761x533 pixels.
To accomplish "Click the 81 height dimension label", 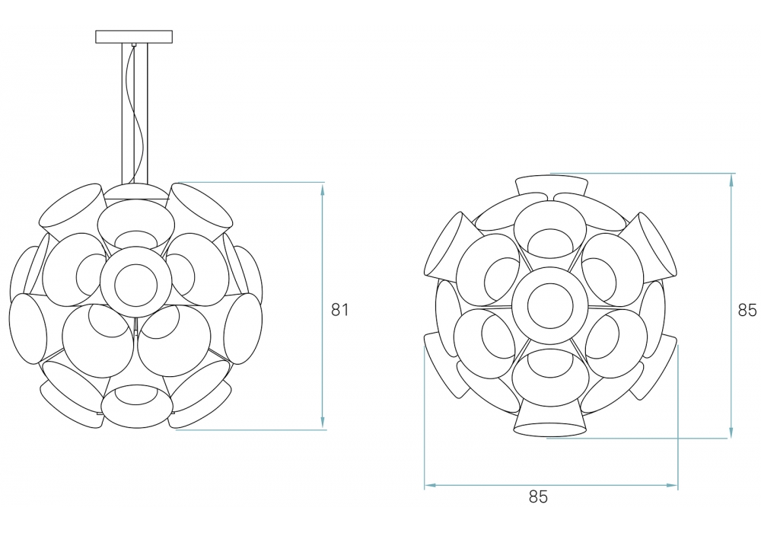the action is click(x=339, y=310).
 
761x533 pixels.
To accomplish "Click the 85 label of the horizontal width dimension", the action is click(x=538, y=496).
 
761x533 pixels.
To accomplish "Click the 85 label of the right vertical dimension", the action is click(x=747, y=310).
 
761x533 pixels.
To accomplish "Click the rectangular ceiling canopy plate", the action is click(x=134, y=37).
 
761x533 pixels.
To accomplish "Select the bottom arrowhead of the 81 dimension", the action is click(x=322, y=423).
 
